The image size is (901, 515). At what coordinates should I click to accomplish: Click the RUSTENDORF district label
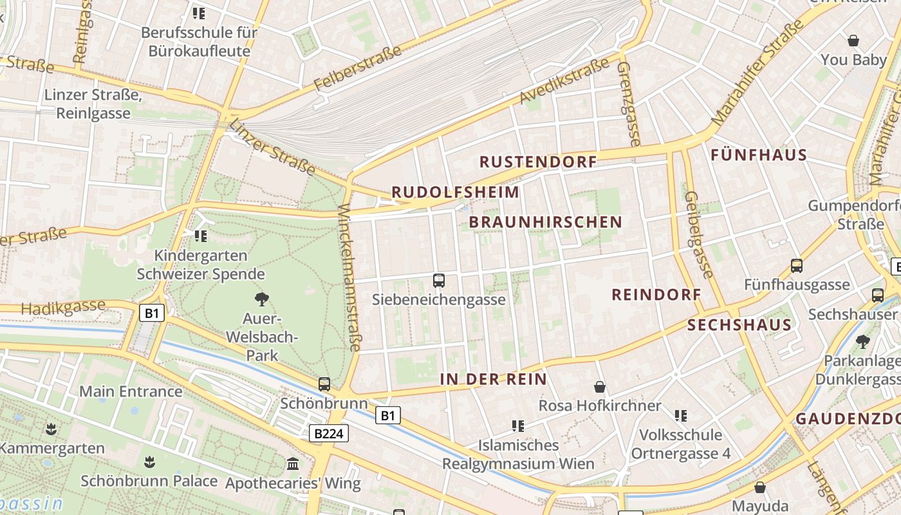[539, 162]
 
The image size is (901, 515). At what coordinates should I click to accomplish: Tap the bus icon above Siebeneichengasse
[439, 281]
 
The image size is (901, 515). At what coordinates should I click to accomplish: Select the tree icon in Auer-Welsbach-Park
[261, 299]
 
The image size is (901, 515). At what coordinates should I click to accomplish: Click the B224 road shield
[329, 434]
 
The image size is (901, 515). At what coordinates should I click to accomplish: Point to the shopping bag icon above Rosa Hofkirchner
[600, 387]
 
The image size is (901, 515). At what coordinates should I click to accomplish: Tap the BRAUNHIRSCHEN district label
[546, 222]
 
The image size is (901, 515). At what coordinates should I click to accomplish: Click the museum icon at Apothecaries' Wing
[293, 464]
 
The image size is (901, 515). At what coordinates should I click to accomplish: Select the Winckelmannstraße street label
[349, 278]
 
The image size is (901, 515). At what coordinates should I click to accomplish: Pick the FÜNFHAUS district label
[759, 155]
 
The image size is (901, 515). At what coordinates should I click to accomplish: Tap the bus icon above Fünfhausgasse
[797, 266]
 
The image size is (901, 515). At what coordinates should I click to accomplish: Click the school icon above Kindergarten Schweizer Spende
[201, 236]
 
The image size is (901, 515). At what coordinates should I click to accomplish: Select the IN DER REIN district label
[493, 379]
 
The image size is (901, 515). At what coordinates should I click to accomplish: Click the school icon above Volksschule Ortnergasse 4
[681, 416]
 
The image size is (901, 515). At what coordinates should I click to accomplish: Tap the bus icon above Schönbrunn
[324, 384]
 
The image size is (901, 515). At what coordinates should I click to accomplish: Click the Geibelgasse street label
[699, 235]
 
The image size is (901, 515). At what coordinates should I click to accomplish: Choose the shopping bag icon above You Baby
[853, 41]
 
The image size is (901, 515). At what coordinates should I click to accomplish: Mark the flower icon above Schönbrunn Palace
[149, 462]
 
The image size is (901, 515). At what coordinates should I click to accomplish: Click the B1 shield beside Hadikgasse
[152, 314]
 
